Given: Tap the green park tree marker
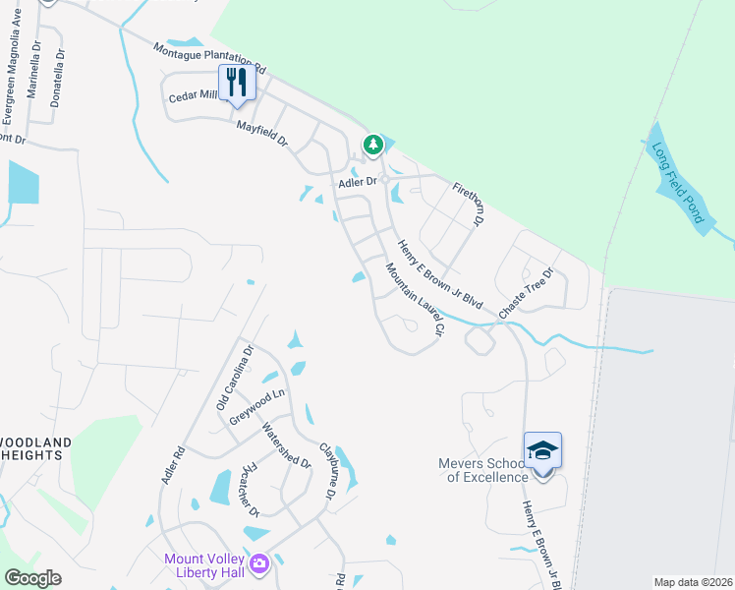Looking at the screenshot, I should coord(373,145).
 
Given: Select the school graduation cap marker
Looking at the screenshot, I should coord(542,451).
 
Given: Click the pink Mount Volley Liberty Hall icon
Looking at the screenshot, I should coord(259,563).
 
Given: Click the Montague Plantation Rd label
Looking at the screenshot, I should coord(210,58).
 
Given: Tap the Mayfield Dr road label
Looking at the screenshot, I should coord(261,134).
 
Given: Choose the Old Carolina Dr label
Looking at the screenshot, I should coord(235,378).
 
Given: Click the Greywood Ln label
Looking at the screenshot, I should coord(256,407).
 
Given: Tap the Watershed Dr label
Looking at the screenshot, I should coord(286,445).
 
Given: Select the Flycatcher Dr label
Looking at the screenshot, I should coord(249,489).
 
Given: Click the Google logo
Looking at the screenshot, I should coord(32,578).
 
